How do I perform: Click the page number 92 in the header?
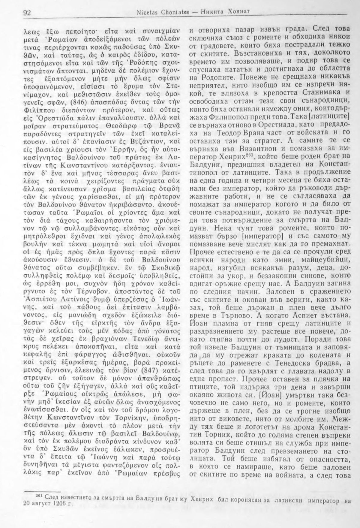click(x=27, y=13)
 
